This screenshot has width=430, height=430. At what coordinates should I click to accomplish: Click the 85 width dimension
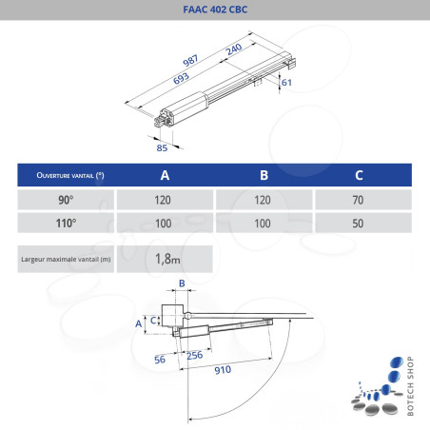point(162,147)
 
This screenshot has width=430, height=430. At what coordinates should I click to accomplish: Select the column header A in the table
point(165,176)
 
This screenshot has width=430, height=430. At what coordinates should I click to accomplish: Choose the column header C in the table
point(358,176)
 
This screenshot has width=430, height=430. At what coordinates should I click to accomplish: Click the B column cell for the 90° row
point(262,200)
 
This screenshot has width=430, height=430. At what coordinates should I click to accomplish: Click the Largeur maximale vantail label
point(65,258)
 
